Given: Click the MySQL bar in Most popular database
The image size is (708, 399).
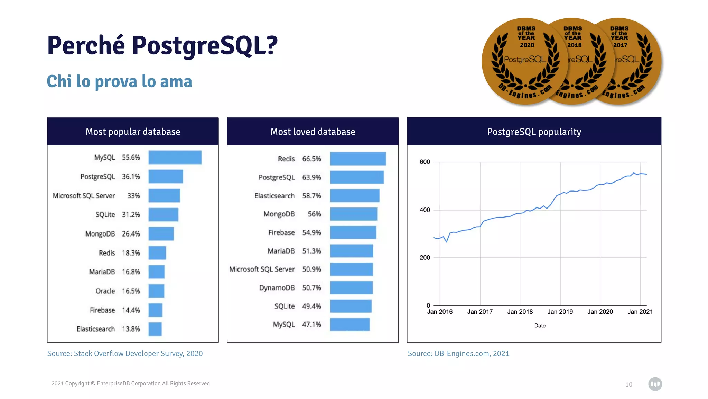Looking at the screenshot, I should [175, 157].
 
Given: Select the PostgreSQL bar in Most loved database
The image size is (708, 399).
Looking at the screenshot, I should [357, 177].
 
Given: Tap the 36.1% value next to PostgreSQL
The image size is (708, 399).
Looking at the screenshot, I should [131, 177].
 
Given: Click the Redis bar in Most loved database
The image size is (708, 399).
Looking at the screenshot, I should [358, 159].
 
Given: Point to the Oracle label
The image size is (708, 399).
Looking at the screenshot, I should [105, 291].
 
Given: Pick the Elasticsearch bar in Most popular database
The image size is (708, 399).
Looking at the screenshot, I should [155, 329].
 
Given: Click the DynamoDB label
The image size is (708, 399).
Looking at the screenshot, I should [277, 288].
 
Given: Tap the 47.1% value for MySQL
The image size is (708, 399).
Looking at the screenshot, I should [311, 325].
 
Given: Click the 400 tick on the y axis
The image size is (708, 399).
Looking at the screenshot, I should [425, 210].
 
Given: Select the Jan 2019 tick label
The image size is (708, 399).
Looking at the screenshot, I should [560, 312].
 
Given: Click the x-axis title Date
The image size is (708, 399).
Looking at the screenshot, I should [540, 326].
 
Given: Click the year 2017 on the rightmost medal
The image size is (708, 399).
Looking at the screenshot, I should [620, 45].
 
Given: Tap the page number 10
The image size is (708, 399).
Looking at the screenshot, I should [628, 384].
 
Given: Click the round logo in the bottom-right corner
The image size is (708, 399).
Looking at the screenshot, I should [655, 384].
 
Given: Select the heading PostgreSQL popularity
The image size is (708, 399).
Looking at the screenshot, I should [534, 132].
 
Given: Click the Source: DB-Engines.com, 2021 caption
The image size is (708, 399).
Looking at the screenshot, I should [458, 354].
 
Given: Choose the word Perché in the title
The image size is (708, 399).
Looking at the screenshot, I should [86, 46].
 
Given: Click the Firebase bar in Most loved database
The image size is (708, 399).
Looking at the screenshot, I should [353, 232].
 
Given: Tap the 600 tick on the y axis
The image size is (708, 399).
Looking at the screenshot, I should [425, 162].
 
